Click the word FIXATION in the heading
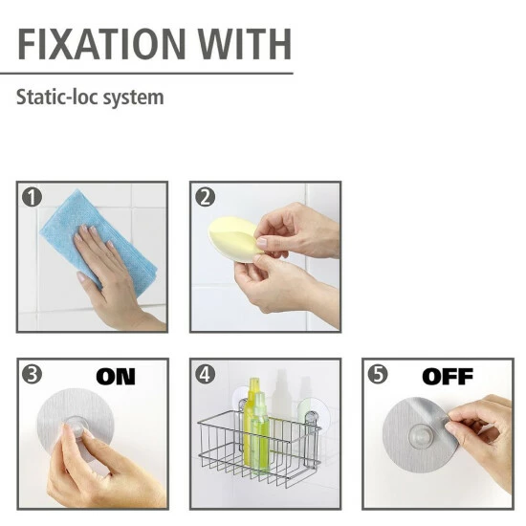[x=101, y=44]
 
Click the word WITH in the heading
[x=244, y=44]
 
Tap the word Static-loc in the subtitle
[x=57, y=97]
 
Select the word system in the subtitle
[x=133, y=98]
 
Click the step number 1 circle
[x=32, y=197]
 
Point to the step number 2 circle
[x=205, y=197]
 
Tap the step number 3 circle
[x=32, y=374]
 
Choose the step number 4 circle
[x=205, y=374]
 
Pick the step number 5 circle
[x=378, y=374]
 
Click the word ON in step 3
[x=116, y=377]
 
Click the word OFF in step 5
[x=448, y=377]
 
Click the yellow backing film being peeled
[x=235, y=237]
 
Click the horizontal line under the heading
[x=146, y=73]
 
